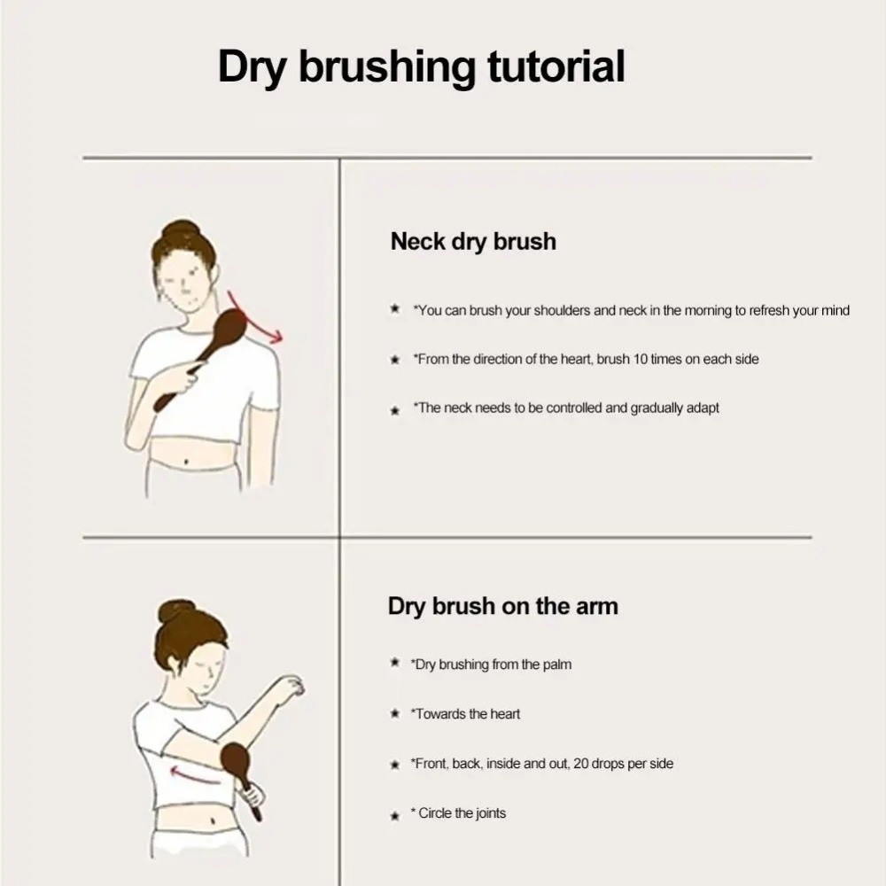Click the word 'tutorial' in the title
pos(556,66)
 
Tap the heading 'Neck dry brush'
pos(473,242)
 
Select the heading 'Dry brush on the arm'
pos(503,606)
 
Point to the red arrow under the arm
pos(195,774)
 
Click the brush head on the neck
pos(230,327)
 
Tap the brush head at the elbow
pos(233,760)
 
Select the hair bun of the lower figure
pos(175,610)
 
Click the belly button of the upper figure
pos(186,464)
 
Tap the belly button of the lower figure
pos(213,820)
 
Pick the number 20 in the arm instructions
pos(580,764)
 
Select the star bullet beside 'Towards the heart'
pos(395,714)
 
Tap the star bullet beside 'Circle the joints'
pos(395,815)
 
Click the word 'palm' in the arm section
pos(557,664)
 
